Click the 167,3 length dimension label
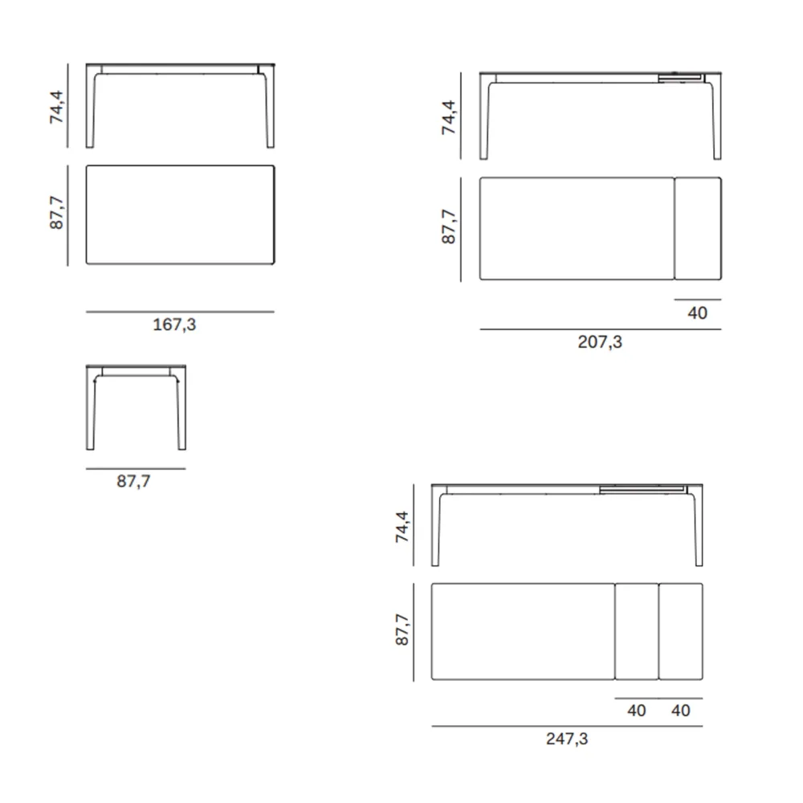coord(174,324)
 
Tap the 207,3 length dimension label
coord(600,341)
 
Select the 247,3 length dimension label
coord(567,739)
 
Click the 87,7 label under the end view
coord(133,481)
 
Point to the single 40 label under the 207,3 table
coord(697,313)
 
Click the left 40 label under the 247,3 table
coord(637,711)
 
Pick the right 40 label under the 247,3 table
coord(681,711)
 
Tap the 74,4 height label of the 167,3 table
coord(56,107)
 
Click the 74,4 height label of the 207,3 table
coord(449,118)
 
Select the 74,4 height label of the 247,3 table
coord(402,527)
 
